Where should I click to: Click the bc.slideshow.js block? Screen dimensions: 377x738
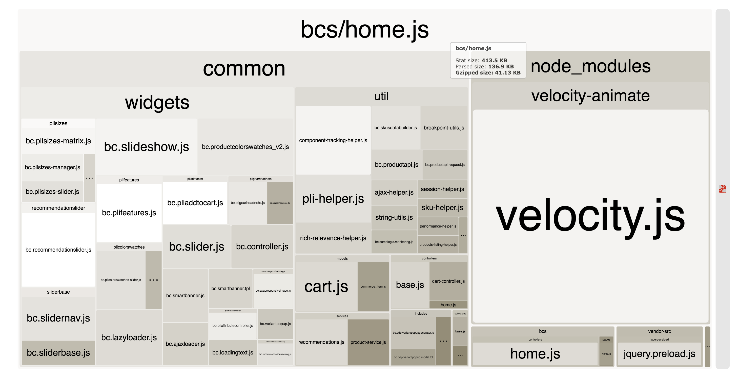click(146, 146)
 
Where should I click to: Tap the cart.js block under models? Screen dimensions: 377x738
click(326, 286)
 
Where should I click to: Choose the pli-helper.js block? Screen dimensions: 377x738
click(333, 198)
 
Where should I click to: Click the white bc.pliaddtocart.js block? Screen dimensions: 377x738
click(195, 203)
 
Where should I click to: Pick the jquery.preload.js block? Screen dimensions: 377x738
click(659, 354)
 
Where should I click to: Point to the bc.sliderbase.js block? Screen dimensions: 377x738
click(58, 353)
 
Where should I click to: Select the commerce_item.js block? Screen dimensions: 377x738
click(373, 286)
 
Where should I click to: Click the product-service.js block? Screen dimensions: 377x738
click(368, 342)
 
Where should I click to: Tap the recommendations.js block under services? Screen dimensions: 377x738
click(321, 342)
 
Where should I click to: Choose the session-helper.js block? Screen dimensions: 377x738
click(442, 189)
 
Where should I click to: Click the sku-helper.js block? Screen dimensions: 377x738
click(442, 208)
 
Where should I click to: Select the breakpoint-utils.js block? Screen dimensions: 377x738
click(444, 128)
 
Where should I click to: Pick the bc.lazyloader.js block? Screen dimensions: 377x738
click(129, 337)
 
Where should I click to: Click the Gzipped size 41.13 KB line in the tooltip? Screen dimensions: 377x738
click(488, 73)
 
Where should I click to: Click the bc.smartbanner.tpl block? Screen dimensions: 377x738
click(230, 288)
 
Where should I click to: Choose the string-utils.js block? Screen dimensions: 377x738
click(394, 217)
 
